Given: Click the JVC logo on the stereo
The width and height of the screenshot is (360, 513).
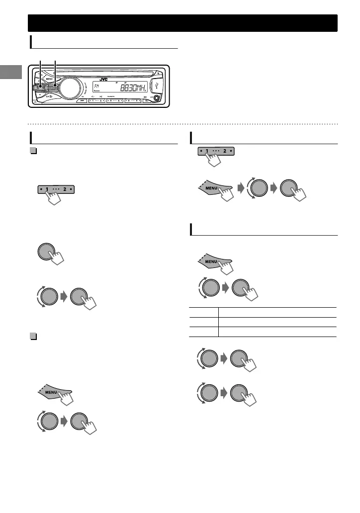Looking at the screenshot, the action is click(102, 79).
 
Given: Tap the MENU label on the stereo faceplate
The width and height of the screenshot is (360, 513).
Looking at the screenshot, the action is click(49, 79).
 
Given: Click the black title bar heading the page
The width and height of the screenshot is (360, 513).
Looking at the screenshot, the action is click(182, 23).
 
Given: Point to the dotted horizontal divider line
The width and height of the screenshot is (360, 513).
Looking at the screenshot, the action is click(182, 124).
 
